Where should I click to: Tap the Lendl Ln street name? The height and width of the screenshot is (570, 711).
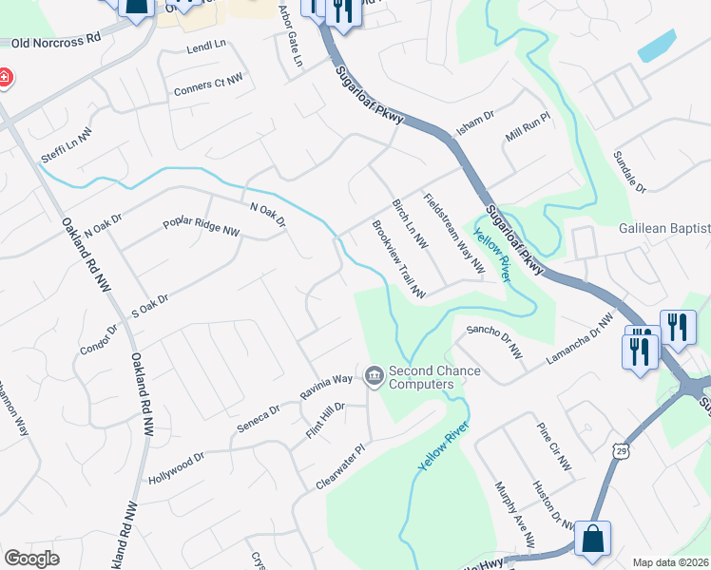pos(206,46)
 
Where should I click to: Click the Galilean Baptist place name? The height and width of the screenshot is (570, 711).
pos(664,229)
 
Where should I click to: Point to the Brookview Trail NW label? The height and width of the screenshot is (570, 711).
pos(398,259)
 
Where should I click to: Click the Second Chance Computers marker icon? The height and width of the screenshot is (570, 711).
pos(374,377)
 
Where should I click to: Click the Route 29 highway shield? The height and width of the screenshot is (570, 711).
pos(620,447)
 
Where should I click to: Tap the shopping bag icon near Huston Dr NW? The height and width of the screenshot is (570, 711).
pos(592,538)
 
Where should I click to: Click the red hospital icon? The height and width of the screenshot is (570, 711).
pos(3,77)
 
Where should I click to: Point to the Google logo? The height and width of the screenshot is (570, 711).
pos(31,559)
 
